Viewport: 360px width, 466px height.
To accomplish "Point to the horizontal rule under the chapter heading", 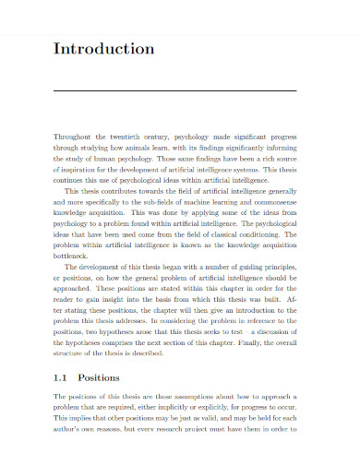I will tap(175, 91).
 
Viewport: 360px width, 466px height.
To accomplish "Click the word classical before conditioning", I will tap(226, 237).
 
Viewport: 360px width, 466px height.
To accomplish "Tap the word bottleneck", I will tap(77, 260).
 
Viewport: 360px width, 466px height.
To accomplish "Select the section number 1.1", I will tap(63, 377).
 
